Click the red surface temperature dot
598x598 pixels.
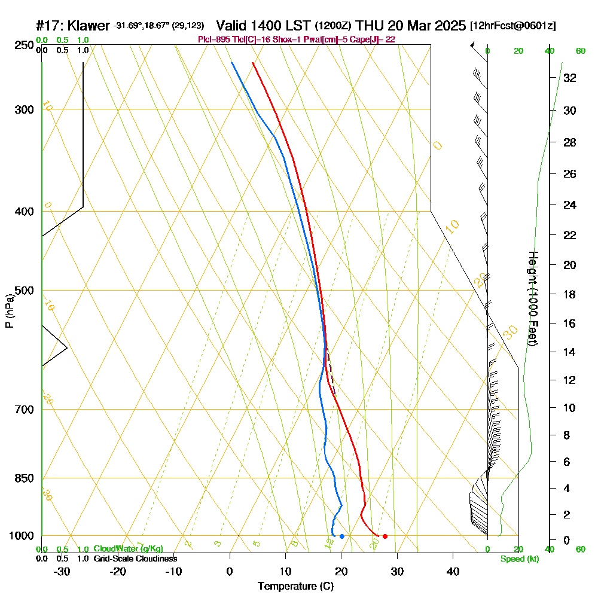[385, 536]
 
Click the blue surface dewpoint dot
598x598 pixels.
[341, 536]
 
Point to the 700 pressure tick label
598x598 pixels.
[22, 410]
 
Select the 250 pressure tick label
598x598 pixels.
[22, 45]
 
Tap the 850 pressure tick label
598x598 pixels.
[22, 478]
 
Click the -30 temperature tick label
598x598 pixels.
[62, 571]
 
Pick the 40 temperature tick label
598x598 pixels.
[453, 571]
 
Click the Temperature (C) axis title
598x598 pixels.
[295, 587]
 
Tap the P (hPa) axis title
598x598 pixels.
[9, 311]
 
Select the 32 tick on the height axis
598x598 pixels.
[570, 78]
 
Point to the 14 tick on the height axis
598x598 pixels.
[570, 352]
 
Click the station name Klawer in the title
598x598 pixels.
[90, 26]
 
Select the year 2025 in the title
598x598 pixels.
[446, 26]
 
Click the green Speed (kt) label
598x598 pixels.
[519, 559]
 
